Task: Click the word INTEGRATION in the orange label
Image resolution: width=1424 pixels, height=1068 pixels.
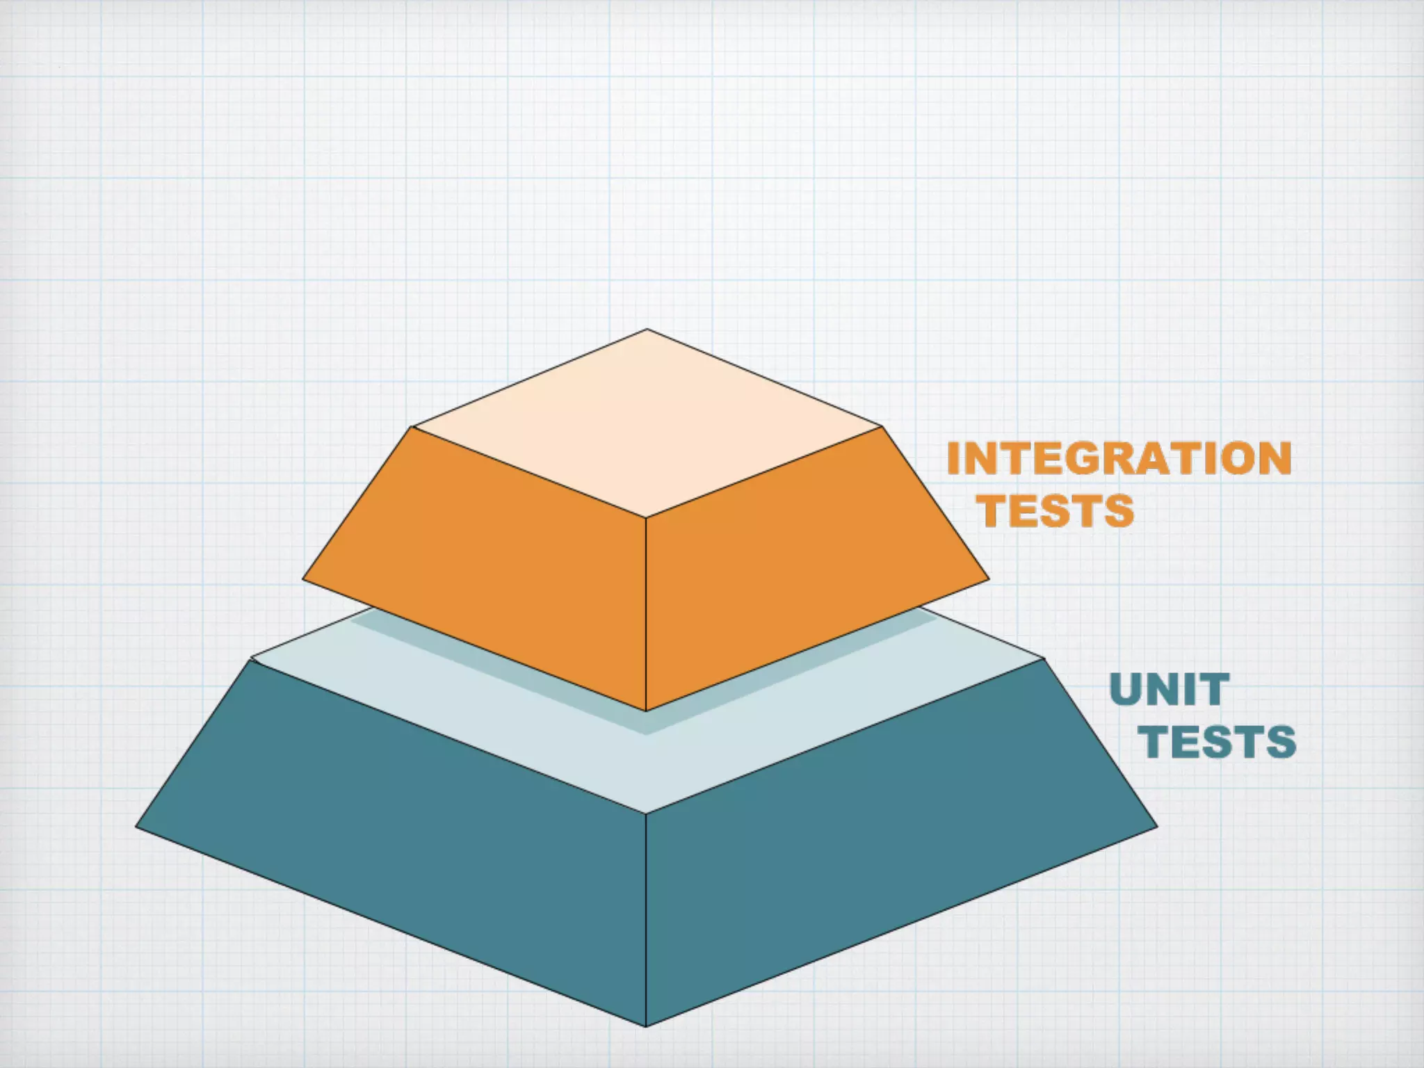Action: coord(1119,459)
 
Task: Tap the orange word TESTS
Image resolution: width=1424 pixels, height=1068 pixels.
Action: coord(1058,511)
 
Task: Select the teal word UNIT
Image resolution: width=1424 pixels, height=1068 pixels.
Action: coord(1170,690)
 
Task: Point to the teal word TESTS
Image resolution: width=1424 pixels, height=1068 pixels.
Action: coord(1217,742)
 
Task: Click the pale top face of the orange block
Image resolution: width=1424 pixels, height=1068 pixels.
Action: coord(647,424)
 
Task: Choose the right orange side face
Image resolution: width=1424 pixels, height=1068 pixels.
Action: coord(807,556)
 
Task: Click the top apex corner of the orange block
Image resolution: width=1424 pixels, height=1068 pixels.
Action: coord(647,330)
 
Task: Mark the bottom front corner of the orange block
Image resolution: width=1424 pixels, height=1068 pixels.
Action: coord(646,711)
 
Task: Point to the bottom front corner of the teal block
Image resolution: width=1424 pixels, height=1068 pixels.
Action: coord(646,1026)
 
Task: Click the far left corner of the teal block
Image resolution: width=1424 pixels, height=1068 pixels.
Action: coord(136,826)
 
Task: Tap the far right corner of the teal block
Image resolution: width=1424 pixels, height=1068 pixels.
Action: coord(1157,826)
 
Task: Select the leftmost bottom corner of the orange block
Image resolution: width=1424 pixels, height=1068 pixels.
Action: coord(303,578)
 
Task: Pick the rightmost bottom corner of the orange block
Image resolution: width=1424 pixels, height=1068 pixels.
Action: coord(989,578)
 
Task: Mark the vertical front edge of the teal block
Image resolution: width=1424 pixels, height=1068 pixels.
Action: coord(646,918)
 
